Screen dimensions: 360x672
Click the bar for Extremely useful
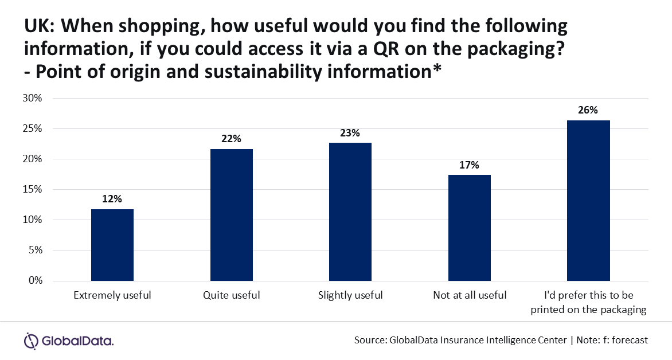coord(112,245)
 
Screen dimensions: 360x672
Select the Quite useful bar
coord(231,215)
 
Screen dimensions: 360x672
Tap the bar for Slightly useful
coord(350,212)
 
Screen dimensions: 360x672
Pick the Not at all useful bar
coord(469,228)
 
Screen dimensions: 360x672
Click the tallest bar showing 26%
coord(588,201)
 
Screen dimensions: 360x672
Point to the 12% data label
coord(112,199)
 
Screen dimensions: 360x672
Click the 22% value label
coord(231,139)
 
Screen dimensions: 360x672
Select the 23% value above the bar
coord(350,132)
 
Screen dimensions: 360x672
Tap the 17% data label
coord(469,165)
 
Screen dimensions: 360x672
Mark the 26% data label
coord(588,110)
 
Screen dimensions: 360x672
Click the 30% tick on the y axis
coord(32,98)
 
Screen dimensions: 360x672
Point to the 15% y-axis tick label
coord(32,189)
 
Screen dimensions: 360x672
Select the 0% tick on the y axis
coord(34,280)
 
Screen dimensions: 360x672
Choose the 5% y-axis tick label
coord(34,250)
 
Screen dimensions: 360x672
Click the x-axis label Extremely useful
coord(112,296)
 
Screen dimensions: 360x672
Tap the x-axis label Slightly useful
coord(350,296)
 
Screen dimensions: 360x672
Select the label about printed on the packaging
coord(588,303)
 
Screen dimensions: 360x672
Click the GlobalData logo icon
coord(31,341)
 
